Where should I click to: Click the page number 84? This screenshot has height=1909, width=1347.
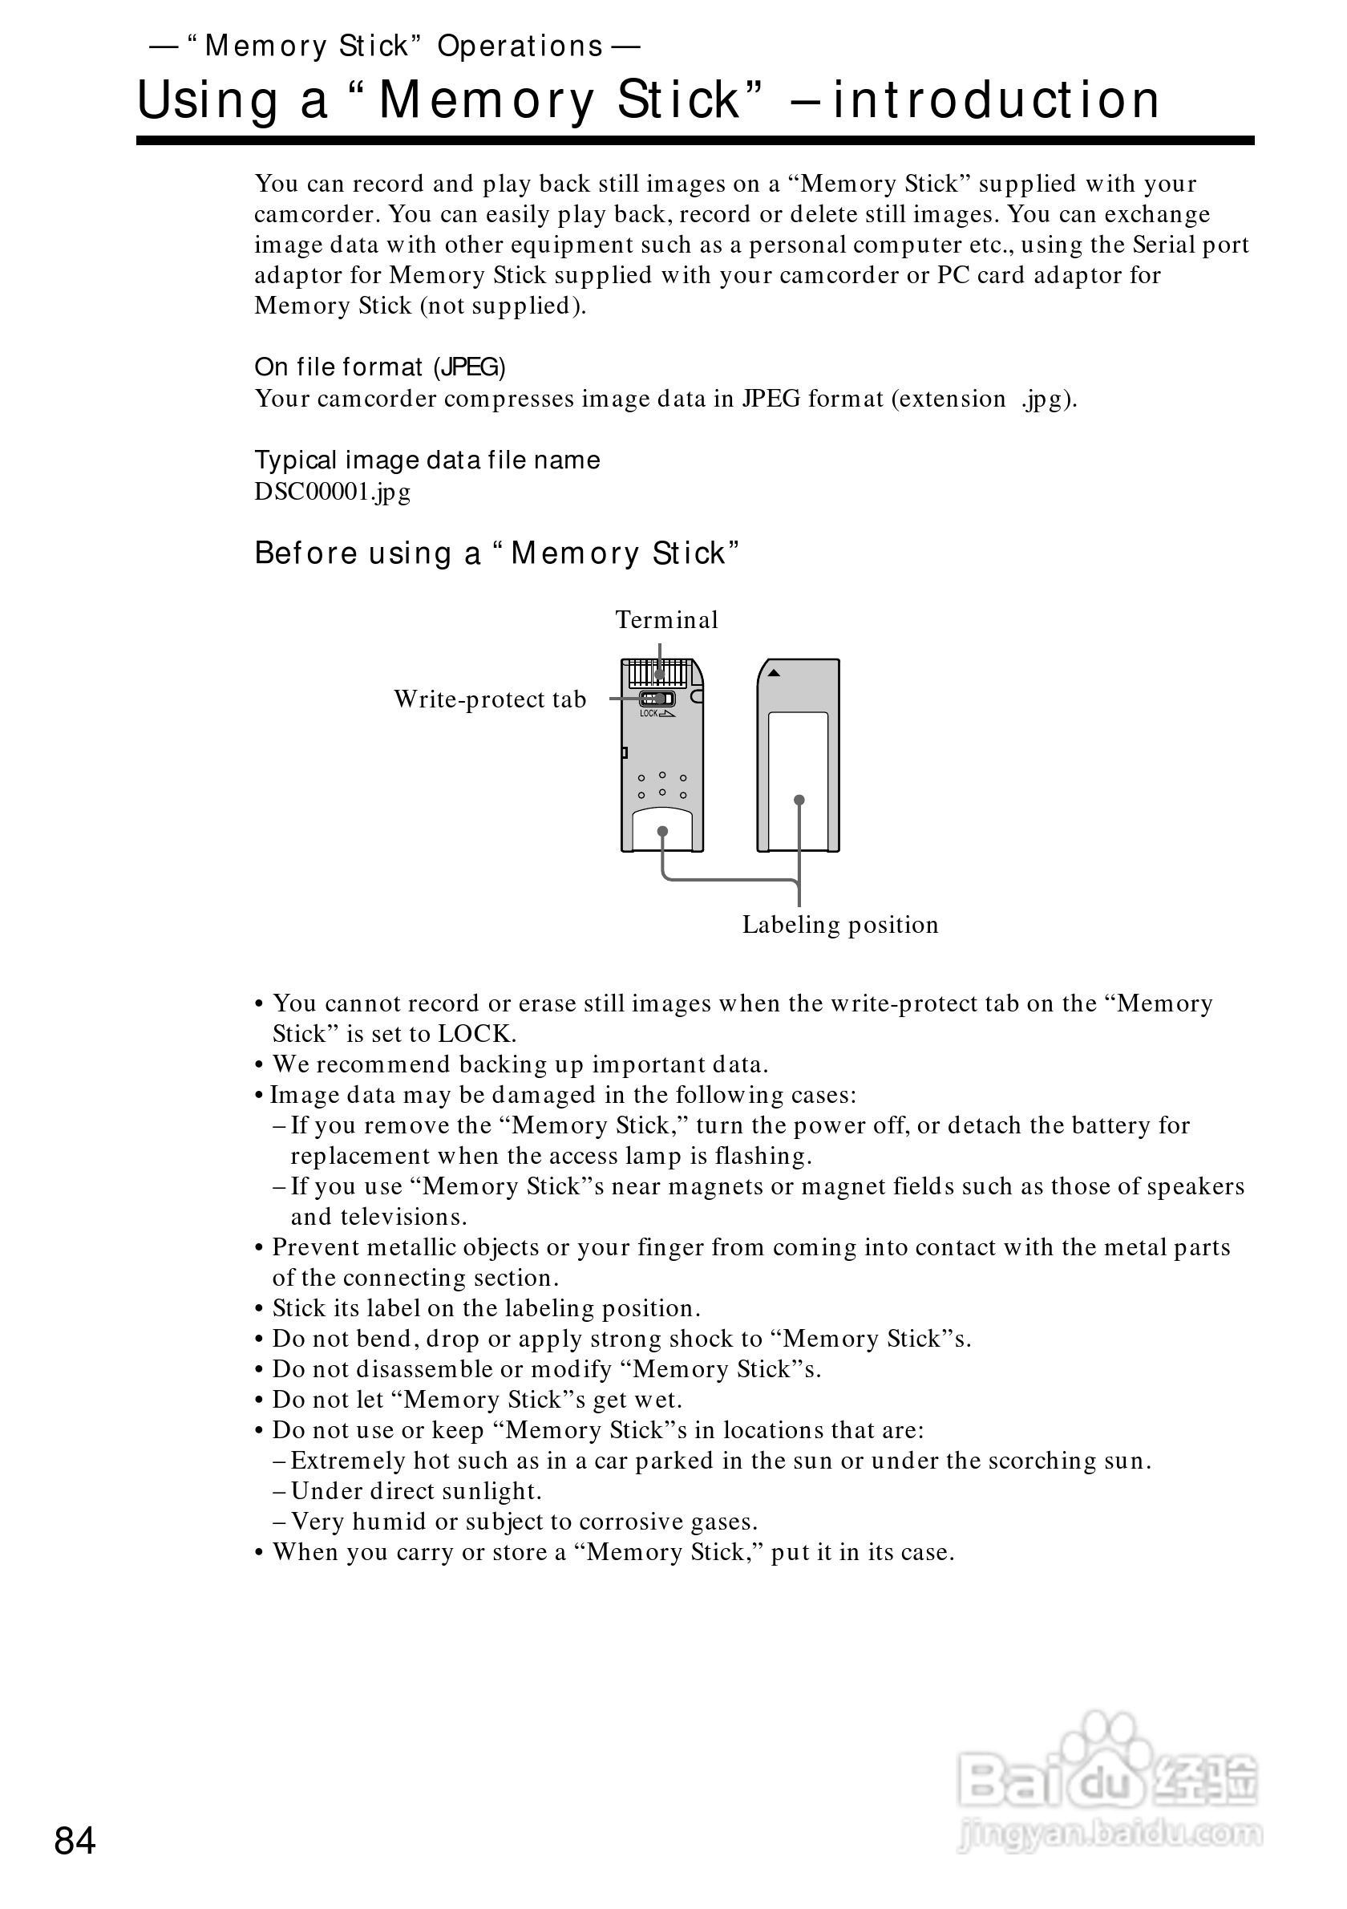coord(75,1841)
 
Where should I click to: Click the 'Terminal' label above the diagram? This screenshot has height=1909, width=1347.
coord(666,620)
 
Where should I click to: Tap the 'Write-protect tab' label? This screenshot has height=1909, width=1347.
coord(489,699)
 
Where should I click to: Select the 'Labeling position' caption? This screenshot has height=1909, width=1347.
coord(840,925)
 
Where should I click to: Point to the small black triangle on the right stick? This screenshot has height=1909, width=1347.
coord(773,674)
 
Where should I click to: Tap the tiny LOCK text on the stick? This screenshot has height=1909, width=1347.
coord(649,713)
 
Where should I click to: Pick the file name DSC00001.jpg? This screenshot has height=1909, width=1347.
coord(333,492)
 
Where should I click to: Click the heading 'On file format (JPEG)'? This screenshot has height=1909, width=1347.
coord(380,367)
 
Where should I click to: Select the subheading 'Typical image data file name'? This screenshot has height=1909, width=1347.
coord(427,460)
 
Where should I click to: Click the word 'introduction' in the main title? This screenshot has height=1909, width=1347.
coord(996,99)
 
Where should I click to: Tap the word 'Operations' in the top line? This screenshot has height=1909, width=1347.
coord(520,47)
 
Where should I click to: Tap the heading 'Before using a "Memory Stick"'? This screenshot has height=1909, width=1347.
coord(496,553)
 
